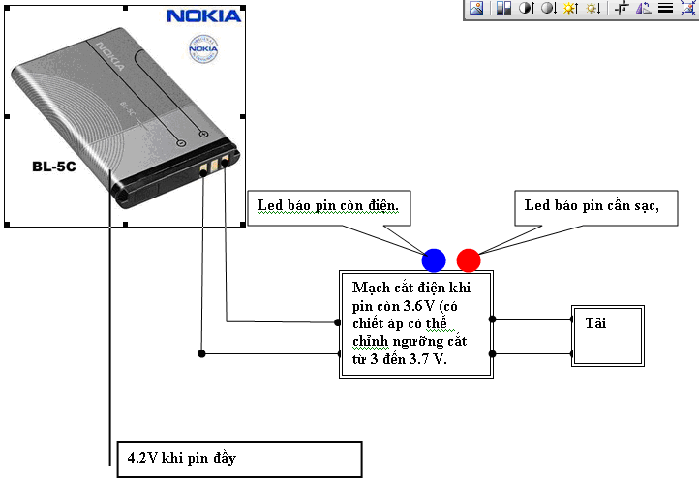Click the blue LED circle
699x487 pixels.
[434, 259]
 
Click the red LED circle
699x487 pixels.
[469, 259]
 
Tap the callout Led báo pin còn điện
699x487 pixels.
[334, 206]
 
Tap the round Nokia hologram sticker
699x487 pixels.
[202, 48]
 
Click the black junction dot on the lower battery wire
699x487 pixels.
[201, 352]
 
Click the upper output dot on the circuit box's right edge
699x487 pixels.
[493, 319]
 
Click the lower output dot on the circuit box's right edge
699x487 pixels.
[493, 353]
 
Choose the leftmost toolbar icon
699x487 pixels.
[476, 8]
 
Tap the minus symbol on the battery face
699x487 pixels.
[181, 142]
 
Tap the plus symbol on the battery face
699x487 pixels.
[202, 134]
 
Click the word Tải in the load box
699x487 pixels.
[594, 322]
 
